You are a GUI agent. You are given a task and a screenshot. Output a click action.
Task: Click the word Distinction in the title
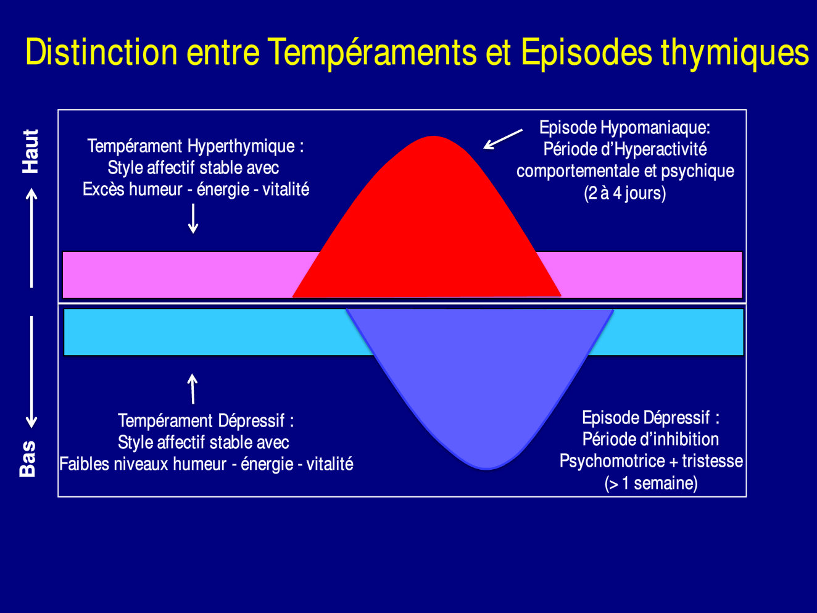[101, 52]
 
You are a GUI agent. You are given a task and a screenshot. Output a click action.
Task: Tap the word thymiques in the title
[735, 54]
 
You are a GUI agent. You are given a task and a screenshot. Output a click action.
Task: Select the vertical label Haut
[30, 151]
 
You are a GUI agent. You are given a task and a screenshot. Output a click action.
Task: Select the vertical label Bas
[28, 459]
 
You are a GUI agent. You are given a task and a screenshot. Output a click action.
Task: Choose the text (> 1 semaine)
[651, 483]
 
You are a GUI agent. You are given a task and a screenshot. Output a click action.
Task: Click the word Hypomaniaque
[655, 128]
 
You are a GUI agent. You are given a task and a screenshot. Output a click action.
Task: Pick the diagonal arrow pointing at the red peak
[503, 139]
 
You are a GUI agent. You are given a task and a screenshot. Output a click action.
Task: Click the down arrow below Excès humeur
[193, 219]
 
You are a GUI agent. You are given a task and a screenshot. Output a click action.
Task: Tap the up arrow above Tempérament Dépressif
[193, 389]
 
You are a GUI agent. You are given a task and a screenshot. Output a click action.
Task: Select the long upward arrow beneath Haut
[31, 238]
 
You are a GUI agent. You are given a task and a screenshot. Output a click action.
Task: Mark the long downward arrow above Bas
[31, 372]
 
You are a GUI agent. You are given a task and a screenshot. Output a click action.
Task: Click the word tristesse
[713, 461]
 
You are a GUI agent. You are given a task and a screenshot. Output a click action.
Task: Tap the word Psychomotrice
[612, 462]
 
